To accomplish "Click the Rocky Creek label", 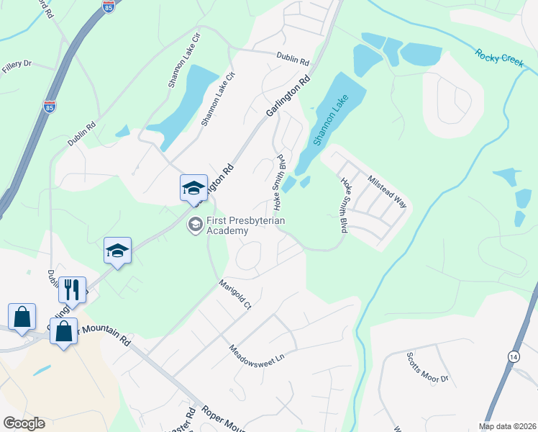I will [x=498, y=58].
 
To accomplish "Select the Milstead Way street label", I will [x=387, y=192].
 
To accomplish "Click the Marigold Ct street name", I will [x=236, y=294].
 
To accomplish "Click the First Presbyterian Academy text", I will [x=228, y=225].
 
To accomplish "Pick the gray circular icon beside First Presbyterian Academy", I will [x=194, y=225].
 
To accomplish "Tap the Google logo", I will [x=24, y=423].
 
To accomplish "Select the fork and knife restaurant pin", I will [x=72, y=289].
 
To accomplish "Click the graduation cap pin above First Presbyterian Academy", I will [x=193, y=188].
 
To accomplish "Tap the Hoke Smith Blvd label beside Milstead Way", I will [x=344, y=205].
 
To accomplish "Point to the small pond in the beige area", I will [x=42, y=371].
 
